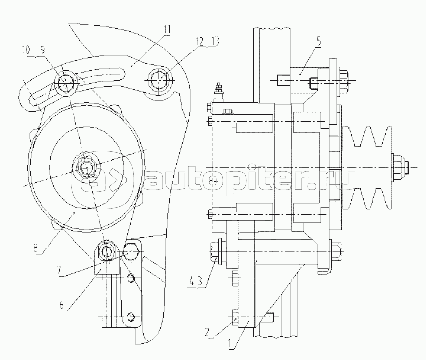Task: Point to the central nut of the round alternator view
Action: pos(84,167)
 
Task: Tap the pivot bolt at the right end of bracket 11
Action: pos(158,79)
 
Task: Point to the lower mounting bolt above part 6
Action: pos(107,251)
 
